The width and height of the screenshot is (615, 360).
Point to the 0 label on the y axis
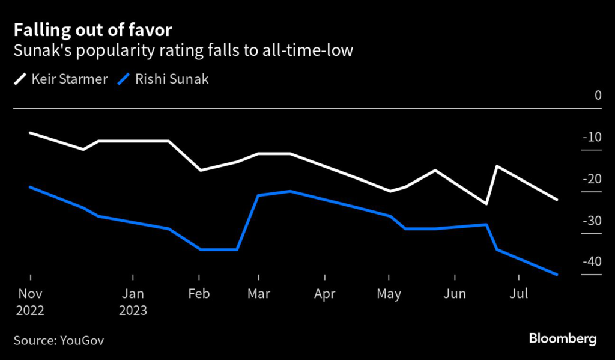(598, 95)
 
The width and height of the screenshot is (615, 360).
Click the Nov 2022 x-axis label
(30, 302)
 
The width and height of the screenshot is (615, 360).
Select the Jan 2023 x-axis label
(133, 302)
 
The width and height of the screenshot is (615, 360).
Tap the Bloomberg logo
(563, 339)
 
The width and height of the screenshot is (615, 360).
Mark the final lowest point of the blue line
(557, 274)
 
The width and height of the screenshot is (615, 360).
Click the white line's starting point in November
(30, 132)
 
